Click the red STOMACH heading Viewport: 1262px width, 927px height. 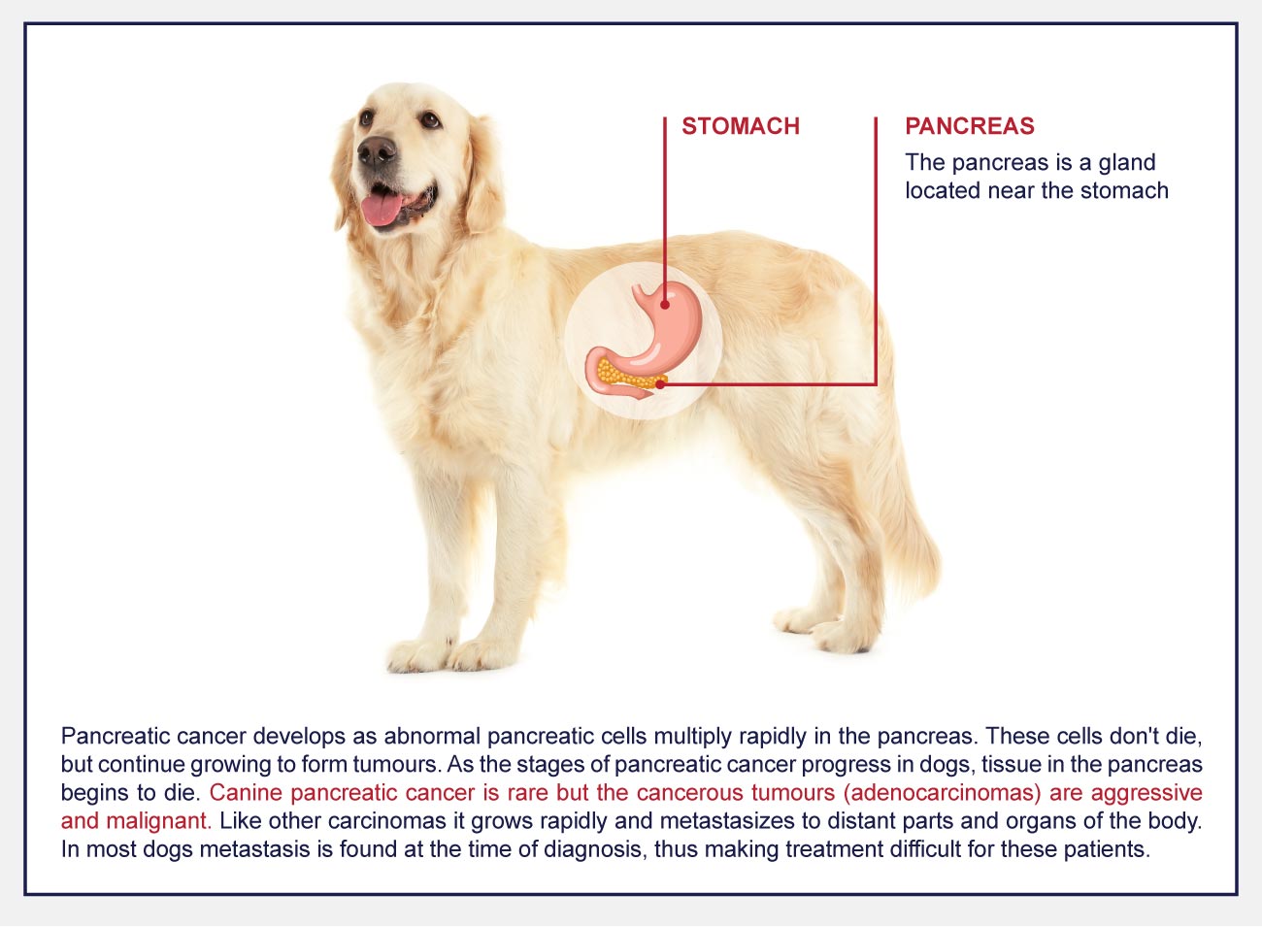pyautogui.click(x=741, y=126)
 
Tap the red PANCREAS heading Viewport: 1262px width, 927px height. pyautogui.click(x=970, y=126)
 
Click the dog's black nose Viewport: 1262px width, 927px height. pyautogui.click(x=377, y=150)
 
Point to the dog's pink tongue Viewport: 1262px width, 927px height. pyautogui.click(x=382, y=209)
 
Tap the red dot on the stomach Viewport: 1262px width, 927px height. pyautogui.click(x=665, y=305)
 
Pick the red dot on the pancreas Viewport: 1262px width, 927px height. pyautogui.click(x=660, y=384)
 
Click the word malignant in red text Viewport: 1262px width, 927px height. pyautogui.click(x=159, y=821)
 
